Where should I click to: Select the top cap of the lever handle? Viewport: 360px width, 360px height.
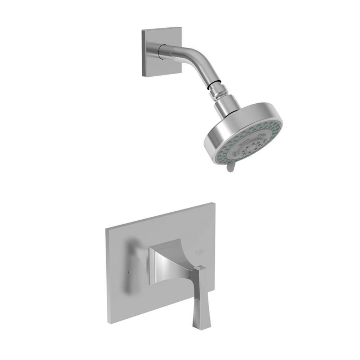click(x=200, y=268)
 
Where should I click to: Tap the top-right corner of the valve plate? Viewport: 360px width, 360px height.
click(x=214, y=204)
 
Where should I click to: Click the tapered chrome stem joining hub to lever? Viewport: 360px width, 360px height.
click(x=182, y=266)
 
